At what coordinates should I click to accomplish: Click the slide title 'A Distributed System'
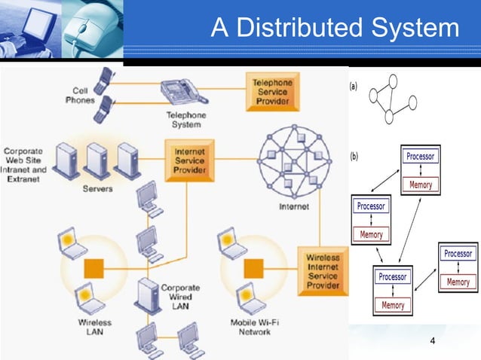334,28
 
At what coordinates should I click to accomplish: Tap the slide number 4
432,343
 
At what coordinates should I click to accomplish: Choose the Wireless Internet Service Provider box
323,272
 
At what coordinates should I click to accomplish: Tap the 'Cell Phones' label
79,95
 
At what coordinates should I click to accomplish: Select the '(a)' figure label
353,87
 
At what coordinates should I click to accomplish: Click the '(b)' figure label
353,157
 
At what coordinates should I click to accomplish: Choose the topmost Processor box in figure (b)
420,156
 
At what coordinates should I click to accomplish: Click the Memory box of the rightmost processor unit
458,282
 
